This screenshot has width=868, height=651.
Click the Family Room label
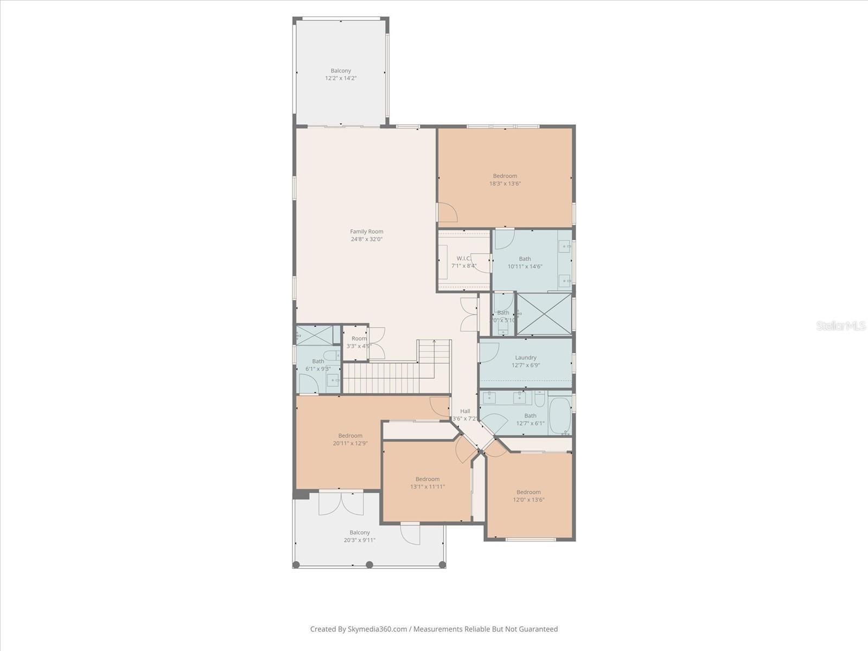[x=366, y=232]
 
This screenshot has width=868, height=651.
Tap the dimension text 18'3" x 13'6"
[x=505, y=184]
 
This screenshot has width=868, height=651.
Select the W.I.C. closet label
[x=463, y=258]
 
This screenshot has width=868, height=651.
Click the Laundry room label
[x=525, y=358]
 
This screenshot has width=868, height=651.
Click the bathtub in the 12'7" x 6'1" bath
[x=559, y=416]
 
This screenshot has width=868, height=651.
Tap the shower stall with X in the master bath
[x=544, y=314]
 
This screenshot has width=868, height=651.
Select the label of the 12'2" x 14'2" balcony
[x=341, y=71]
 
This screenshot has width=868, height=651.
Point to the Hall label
[x=465, y=411]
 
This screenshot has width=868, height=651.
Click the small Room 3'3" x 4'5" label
[x=359, y=339]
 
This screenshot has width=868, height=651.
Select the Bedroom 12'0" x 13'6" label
[x=528, y=493]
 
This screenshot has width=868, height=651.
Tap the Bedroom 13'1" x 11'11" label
[x=427, y=479]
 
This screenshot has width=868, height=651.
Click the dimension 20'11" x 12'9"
[x=350, y=443]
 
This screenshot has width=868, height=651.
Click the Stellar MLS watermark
[x=840, y=326]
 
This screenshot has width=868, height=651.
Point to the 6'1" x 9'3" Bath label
[x=318, y=361]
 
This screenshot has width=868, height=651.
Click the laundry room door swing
[x=489, y=352]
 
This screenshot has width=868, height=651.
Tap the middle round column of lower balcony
[x=369, y=565]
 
